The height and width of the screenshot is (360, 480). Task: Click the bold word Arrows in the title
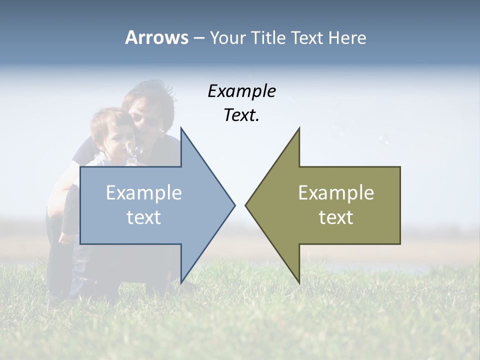point(156,37)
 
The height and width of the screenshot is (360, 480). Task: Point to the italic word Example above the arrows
point(241,91)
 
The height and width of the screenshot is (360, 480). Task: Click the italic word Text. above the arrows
point(241,115)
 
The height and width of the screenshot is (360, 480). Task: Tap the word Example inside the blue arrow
point(144,193)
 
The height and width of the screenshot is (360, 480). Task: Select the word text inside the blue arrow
point(144,217)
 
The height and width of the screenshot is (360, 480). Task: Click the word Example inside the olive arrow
point(336,193)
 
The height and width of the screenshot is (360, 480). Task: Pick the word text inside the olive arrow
point(336,217)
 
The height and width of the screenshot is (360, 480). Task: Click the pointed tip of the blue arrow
point(234,205)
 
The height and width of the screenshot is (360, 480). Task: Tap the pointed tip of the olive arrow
point(245,205)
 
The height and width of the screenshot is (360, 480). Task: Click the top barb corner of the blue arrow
point(181,128)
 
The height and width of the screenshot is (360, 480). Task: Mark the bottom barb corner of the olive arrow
point(299,283)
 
